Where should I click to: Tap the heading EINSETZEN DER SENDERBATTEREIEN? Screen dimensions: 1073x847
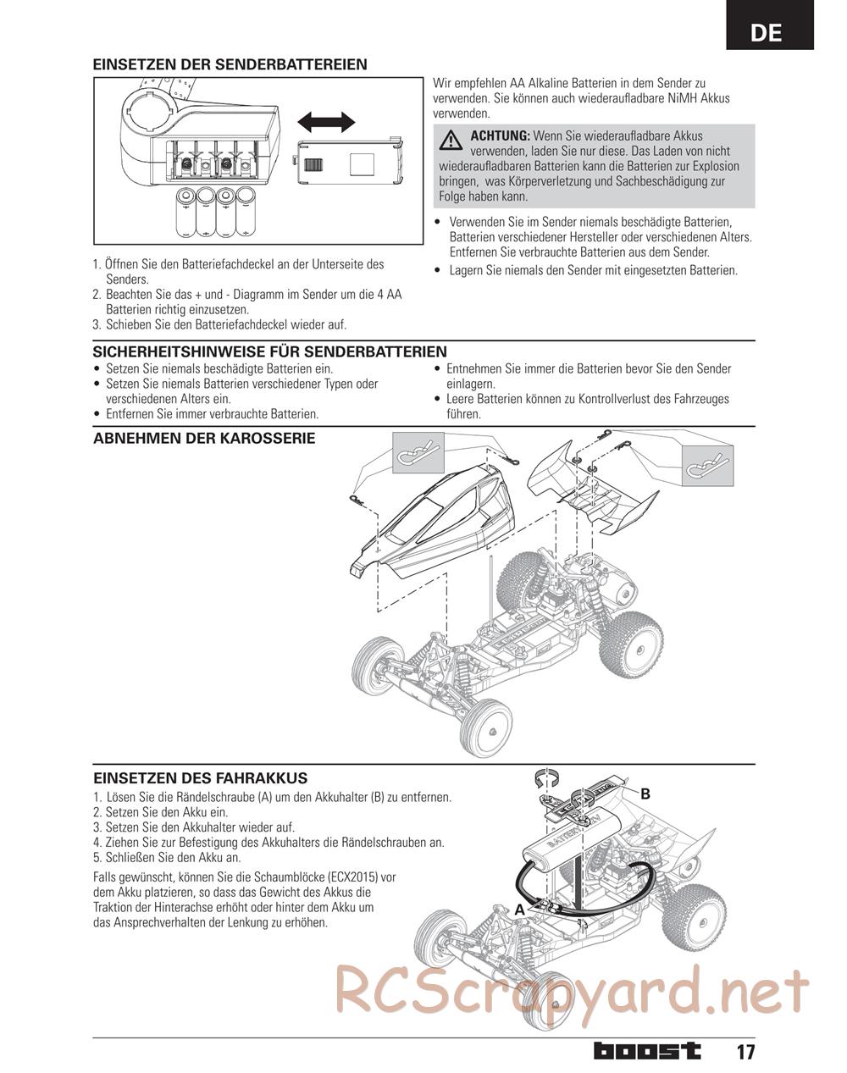[230, 64]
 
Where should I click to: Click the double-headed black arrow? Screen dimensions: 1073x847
[326, 121]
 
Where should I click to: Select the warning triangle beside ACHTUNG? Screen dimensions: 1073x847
[451, 138]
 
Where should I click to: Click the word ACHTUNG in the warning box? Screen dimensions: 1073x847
[500, 136]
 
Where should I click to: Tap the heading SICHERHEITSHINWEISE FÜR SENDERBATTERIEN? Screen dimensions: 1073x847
[269, 351]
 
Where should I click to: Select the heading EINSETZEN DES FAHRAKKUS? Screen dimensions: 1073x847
[200, 778]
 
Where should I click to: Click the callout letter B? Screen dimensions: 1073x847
[645, 794]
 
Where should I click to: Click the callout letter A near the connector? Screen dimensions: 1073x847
[519, 909]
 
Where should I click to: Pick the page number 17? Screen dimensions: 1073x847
[745, 1053]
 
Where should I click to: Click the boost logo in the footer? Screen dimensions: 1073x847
[647, 1051]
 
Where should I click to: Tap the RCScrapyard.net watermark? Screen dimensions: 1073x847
[573, 991]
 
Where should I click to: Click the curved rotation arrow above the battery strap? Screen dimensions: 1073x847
[550, 776]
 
